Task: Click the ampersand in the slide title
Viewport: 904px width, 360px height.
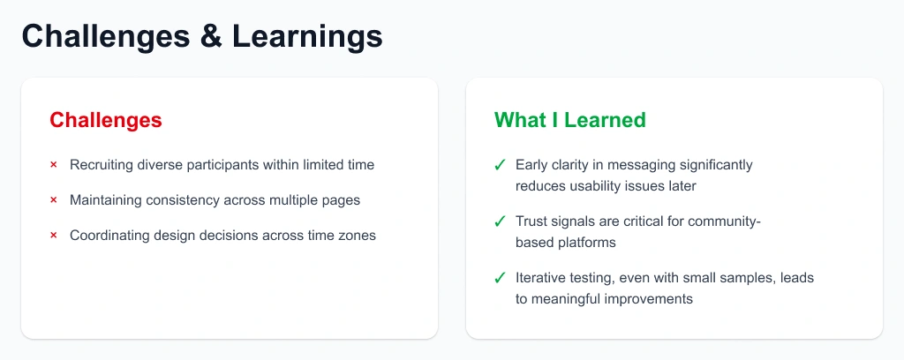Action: tap(211, 36)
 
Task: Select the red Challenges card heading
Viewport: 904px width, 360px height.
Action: tap(106, 120)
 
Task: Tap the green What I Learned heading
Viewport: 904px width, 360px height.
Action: tap(569, 120)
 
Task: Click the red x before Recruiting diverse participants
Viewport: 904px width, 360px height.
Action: tap(54, 165)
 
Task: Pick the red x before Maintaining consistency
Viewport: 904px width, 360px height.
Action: tap(54, 200)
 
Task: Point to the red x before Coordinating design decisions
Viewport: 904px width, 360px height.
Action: tap(54, 236)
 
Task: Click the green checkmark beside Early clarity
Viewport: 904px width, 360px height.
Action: tap(500, 165)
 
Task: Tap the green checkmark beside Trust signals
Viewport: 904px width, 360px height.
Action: tap(500, 221)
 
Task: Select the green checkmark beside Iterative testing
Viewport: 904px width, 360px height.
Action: tap(500, 278)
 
